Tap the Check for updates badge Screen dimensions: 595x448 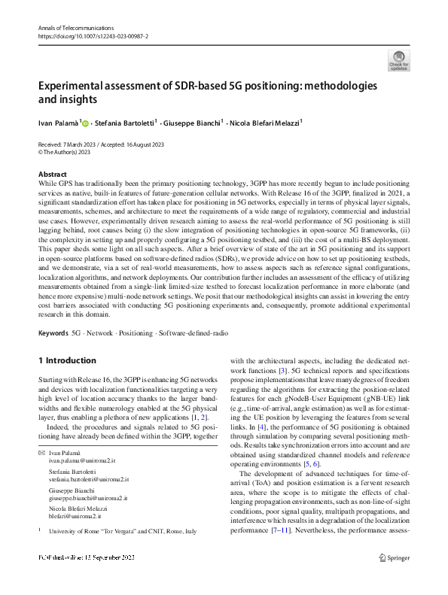[398, 61]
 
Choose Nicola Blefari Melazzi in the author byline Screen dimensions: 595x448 [265, 122]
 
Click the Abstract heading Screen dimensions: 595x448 [52, 174]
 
